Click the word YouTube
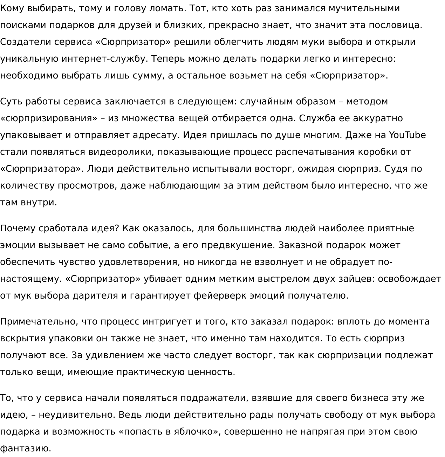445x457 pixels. [x=408, y=135]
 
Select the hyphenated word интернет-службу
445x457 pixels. [x=103, y=59]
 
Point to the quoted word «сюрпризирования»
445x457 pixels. [x=49, y=118]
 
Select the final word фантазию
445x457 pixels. [x=26, y=449]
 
